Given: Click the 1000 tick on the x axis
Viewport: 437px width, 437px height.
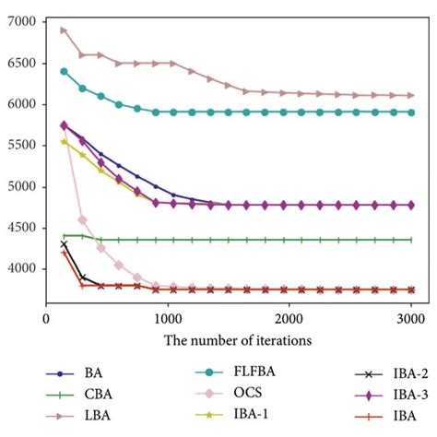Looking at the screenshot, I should (167, 317).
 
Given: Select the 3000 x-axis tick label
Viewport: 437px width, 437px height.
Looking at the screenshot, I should (410, 317).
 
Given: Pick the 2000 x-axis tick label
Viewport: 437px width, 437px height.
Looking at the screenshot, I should (289, 317).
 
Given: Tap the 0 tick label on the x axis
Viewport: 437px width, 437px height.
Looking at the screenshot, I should (47, 317).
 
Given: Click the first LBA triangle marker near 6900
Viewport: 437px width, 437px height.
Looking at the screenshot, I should (64, 30).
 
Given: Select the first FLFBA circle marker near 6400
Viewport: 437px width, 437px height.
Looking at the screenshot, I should (64, 71).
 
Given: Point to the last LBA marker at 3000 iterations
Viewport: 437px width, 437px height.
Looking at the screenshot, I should (410, 95).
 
